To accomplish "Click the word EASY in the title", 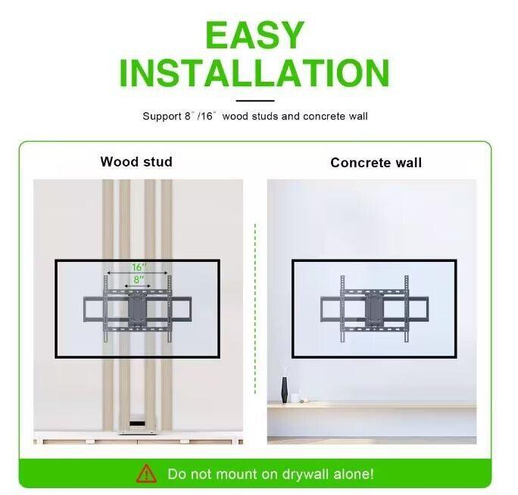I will [x=254, y=35].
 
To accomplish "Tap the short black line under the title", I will [x=254, y=100].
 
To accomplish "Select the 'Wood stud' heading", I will [x=136, y=162].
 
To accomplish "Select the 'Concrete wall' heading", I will [x=376, y=163].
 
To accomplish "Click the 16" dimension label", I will [x=138, y=267].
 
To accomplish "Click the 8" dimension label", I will [x=138, y=279].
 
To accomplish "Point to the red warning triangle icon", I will [x=145, y=475].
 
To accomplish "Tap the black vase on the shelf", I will [x=285, y=391].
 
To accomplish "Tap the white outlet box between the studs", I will [x=137, y=424].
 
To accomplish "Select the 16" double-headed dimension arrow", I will [x=138, y=274].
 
